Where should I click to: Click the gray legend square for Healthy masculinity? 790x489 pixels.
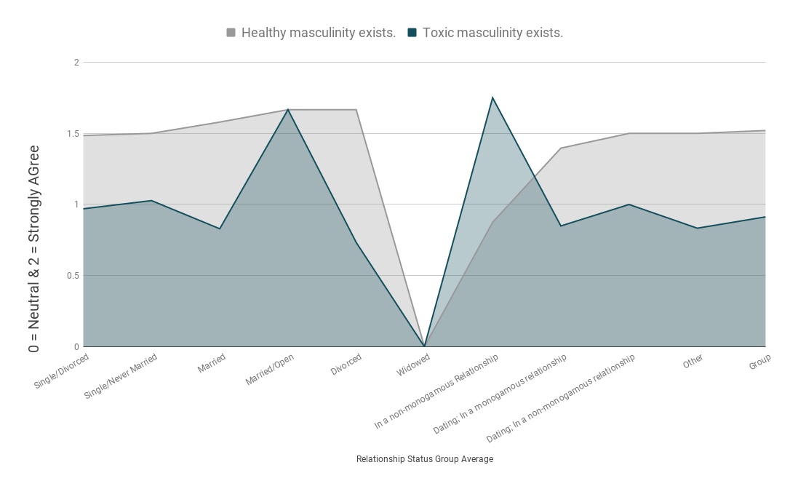(231, 33)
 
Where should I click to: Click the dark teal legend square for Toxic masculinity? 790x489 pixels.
(412, 33)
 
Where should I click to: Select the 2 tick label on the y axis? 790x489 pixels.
(76, 63)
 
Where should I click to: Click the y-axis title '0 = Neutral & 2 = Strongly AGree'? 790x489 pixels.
(33, 249)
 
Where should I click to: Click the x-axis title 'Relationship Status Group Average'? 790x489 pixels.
(425, 458)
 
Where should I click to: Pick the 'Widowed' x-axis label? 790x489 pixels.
(413, 365)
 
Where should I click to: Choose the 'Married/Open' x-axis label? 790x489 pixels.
(270, 370)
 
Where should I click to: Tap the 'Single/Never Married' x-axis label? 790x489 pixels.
(121, 376)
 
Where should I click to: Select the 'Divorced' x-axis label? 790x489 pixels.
(346, 364)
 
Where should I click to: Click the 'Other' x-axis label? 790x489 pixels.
(693, 361)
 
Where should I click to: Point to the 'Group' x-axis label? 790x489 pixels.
(759, 362)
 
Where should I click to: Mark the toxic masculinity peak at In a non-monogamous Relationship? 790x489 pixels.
(492, 98)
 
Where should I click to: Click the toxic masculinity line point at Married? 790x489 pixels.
(220, 229)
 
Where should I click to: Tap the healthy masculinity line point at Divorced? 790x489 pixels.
(356, 109)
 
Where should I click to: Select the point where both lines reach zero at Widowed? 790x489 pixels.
(425, 346)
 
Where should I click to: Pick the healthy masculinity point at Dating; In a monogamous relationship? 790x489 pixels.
(561, 148)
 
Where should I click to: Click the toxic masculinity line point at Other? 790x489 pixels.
(698, 228)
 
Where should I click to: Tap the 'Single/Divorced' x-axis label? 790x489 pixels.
(61, 371)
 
